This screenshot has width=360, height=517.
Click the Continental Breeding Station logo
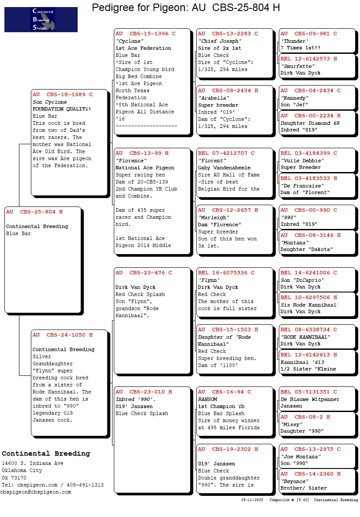click(41, 19)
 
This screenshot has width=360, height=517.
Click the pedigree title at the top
click(186, 7)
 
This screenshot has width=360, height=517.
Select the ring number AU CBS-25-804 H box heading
click(34, 212)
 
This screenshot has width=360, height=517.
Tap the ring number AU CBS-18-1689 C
click(63, 94)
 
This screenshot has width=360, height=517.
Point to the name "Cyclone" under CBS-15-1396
click(130, 41)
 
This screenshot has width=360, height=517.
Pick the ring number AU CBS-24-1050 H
click(63, 335)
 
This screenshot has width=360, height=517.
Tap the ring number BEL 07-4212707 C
click(226, 153)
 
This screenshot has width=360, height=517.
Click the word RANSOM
click(208, 399)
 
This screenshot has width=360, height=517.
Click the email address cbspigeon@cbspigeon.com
click(36, 492)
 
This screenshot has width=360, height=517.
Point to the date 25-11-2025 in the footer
click(252, 500)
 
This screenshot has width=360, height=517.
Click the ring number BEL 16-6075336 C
click(226, 273)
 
